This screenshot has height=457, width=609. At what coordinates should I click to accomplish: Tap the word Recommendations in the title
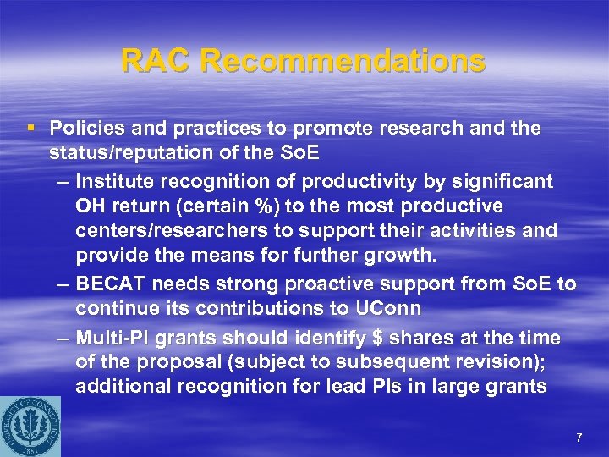tap(343, 61)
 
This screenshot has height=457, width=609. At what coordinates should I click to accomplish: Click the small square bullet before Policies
tap(31, 129)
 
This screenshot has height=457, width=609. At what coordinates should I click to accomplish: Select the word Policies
tap(83, 129)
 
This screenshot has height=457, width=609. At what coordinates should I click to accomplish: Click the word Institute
tap(114, 181)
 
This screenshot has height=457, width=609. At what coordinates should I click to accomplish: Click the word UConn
tap(316, 309)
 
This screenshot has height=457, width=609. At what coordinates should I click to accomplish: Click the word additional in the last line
tap(115, 388)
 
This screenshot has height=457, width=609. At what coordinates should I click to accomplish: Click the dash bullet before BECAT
tap(63, 284)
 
